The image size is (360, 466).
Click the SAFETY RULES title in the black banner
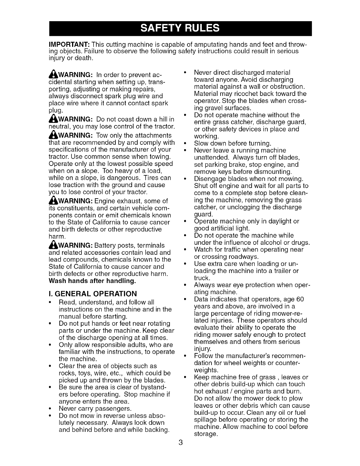click(180, 28)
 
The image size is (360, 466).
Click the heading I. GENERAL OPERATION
click(93, 294)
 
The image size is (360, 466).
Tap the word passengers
click(114, 409)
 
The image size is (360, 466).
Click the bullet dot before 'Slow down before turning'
click(185, 144)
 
